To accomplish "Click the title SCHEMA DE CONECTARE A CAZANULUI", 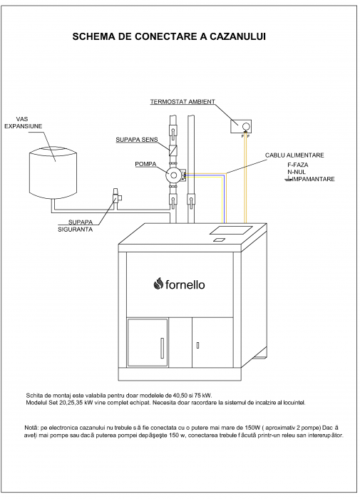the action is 169,36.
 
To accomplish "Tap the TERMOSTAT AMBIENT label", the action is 182,102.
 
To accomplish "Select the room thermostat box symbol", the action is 241,126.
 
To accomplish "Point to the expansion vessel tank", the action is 53,172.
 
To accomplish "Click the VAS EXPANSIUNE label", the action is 23,123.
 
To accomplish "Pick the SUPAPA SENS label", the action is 137,140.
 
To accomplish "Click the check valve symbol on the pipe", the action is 173,150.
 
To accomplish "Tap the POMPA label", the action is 145,164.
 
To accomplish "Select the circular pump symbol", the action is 173,175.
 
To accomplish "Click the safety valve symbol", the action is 116,197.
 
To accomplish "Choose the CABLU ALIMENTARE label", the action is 294,155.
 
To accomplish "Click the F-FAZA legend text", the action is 297,165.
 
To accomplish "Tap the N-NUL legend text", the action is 297,172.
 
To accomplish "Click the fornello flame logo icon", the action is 158,284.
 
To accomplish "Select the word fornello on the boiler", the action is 185,284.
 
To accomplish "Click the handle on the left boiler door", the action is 162,348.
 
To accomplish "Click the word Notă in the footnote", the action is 30,428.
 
